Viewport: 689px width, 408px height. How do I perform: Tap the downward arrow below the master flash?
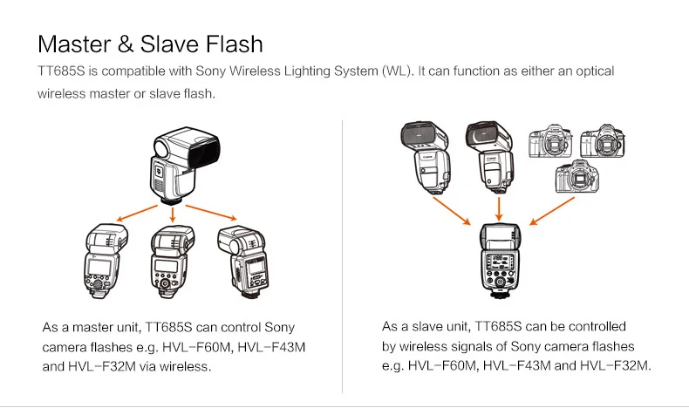coord(173,213)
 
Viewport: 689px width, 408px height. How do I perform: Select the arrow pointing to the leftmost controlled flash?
coord(136,214)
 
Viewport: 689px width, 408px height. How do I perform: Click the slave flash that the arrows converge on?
coord(498,262)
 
